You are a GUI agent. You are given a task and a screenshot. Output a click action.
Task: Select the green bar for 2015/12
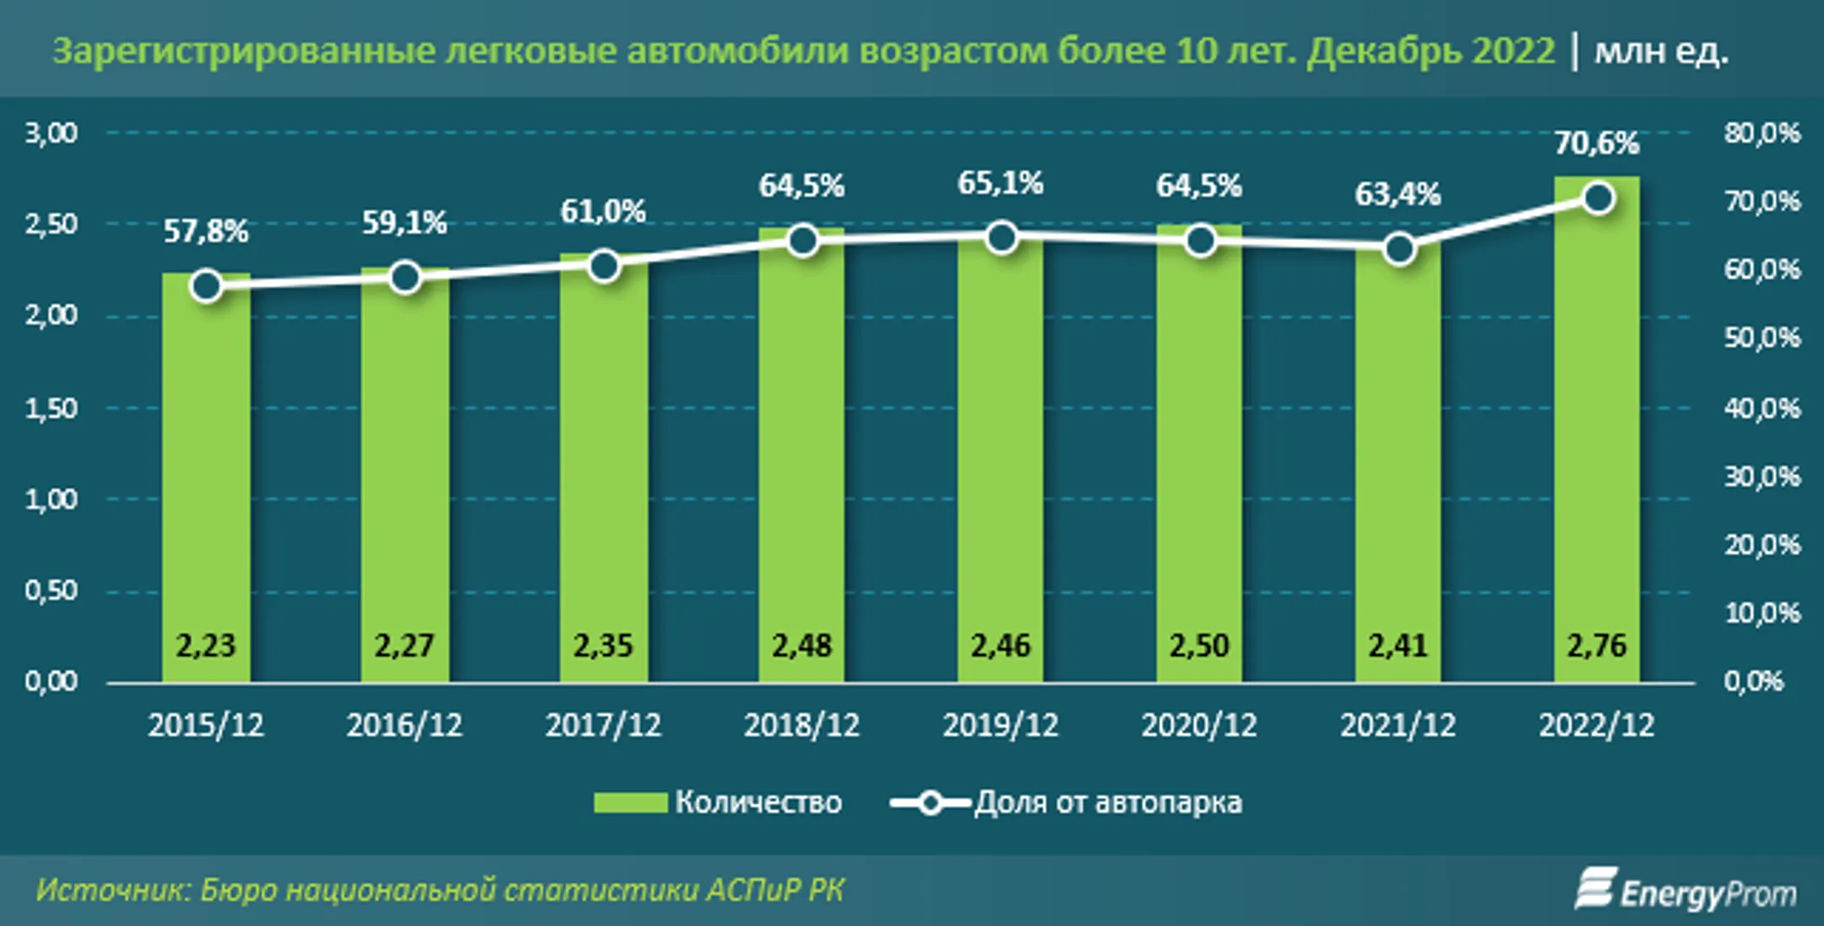[x=205, y=473]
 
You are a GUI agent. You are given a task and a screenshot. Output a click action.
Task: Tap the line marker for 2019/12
[x=1002, y=238]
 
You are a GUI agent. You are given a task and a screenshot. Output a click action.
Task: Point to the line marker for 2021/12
[x=1399, y=249]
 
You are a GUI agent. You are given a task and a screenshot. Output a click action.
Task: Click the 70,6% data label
[x=1596, y=144]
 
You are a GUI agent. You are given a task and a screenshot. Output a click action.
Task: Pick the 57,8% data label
[x=205, y=230]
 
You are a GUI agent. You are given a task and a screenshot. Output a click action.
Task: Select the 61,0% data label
[x=603, y=211]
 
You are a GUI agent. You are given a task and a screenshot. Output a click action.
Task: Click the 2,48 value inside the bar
[x=801, y=646]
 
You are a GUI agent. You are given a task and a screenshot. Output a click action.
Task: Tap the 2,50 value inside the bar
[x=1199, y=646]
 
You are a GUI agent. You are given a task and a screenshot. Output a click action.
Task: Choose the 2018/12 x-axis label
[x=801, y=725]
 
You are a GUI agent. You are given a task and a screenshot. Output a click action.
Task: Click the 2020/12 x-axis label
[x=1199, y=725]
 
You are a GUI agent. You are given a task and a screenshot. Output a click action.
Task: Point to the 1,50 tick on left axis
[x=51, y=409]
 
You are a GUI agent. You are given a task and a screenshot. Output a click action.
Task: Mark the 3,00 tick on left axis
[x=51, y=133]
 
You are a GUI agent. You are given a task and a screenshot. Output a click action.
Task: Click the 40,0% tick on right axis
[x=1762, y=409]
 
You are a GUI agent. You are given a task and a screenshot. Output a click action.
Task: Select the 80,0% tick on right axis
[x=1762, y=133]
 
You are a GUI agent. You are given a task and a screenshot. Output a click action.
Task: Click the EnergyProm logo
[x=1685, y=891]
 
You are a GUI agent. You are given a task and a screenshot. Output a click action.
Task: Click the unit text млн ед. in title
[x=1660, y=51]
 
